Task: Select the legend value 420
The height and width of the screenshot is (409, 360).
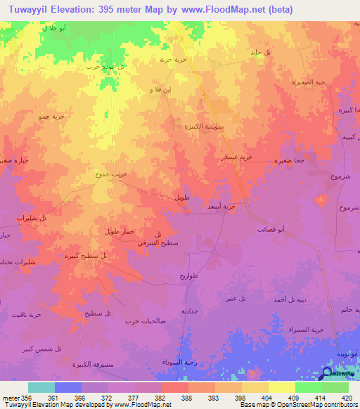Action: (345, 397)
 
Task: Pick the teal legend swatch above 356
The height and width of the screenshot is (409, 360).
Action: (41, 387)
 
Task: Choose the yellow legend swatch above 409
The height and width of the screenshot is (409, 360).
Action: (282, 387)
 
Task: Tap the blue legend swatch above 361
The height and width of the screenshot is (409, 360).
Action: (68, 387)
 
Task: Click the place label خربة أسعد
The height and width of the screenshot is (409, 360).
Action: (221, 207)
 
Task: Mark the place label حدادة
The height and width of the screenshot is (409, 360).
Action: (190, 310)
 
